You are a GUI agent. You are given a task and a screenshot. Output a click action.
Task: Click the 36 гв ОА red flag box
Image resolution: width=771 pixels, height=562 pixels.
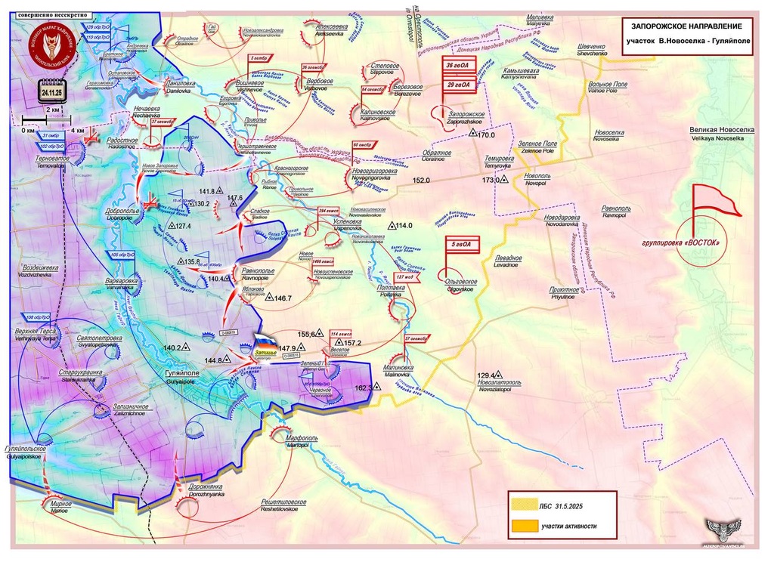(x=459, y=67)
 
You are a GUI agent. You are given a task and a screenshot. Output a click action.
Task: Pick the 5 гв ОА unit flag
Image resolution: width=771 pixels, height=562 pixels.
(x=461, y=244)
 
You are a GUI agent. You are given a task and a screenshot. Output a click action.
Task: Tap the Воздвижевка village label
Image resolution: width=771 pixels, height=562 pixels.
(x=38, y=268)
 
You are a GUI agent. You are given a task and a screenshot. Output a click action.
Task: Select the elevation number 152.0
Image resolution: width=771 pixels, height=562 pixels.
(x=421, y=181)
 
